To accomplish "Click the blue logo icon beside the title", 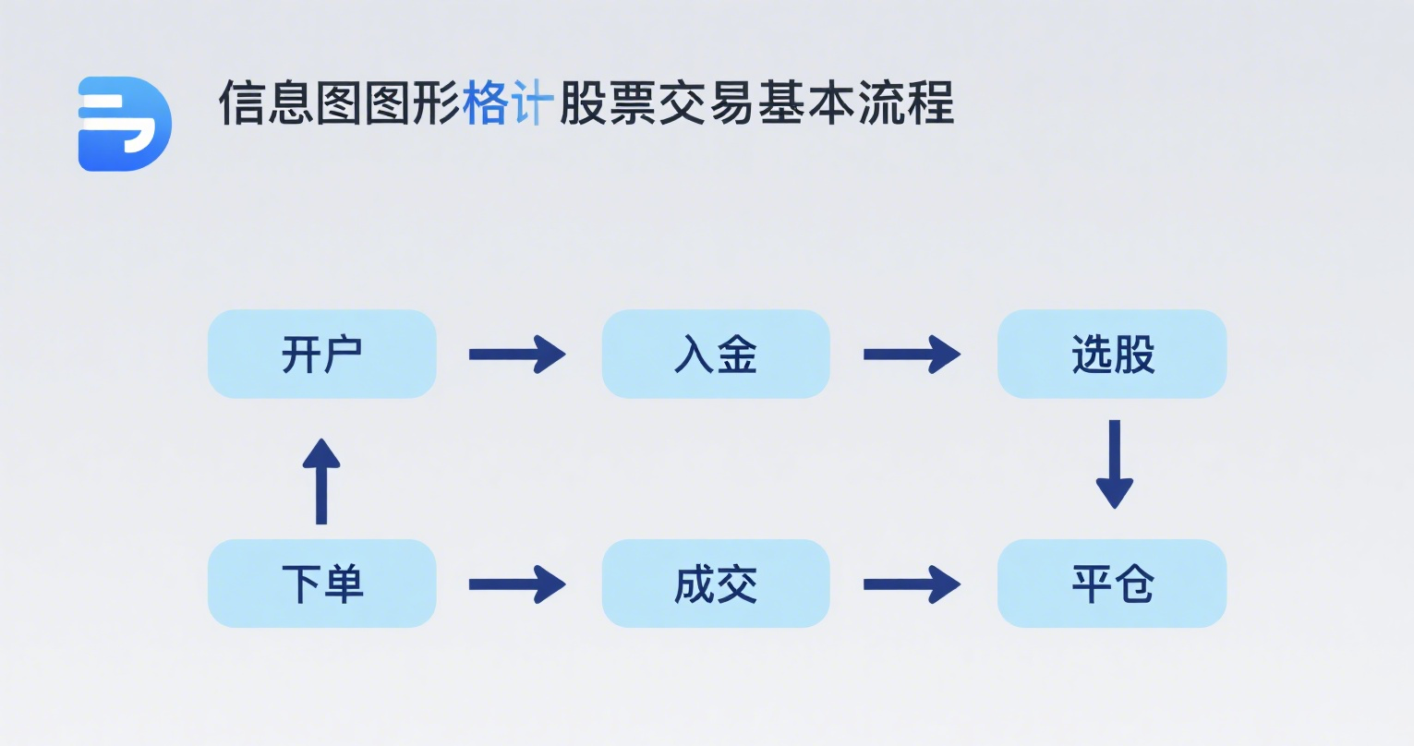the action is pyautogui.click(x=125, y=124).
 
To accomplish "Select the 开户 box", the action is pyautogui.click(x=322, y=354).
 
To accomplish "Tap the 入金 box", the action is pyautogui.click(x=716, y=354).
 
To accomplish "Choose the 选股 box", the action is pyautogui.click(x=1112, y=354).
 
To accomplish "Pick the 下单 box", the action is pyautogui.click(x=322, y=584).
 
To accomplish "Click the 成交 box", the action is pyautogui.click(x=716, y=584).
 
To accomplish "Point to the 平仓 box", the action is pyautogui.click(x=1112, y=584).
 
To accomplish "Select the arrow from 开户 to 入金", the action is pyautogui.click(x=517, y=354).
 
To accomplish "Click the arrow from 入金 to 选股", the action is pyautogui.click(x=912, y=354).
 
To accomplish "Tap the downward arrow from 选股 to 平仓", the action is pyautogui.click(x=1115, y=464).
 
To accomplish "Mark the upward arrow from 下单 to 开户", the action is pyautogui.click(x=321, y=481).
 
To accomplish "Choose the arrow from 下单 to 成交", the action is pyautogui.click(x=517, y=584).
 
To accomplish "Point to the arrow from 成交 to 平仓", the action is pyautogui.click(x=912, y=584).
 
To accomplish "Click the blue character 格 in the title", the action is pyautogui.click(x=486, y=102).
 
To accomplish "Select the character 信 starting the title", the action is pyautogui.click(x=241, y=102).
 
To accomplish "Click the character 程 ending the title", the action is pyautogui.click(x=930, y=102).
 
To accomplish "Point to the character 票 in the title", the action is pyautogui.click(x=632, y=102).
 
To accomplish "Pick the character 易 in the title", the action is pyautogui.click(x=731, y=102).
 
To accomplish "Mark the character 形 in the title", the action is pyautogui.click(x=437, y=102).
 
